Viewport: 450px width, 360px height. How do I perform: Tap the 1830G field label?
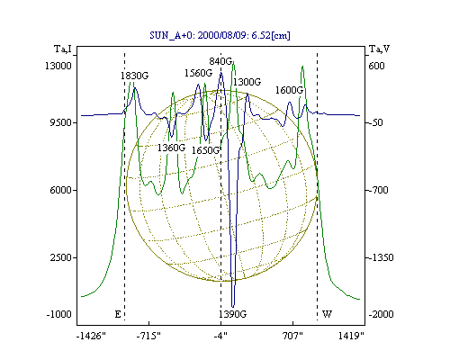tap(134, 76)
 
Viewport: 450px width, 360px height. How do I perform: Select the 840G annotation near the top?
tap(220, 61)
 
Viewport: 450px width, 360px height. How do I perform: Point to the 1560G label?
tap(198, 73)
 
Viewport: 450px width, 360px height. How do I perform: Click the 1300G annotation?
tap(247, 82)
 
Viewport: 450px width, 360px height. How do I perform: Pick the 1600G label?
tap(289, 90)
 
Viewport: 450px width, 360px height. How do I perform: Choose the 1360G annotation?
tap(171, 148)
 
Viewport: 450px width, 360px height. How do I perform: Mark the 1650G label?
tap(205, 150)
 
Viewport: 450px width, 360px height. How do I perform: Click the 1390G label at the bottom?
tap(233, 314)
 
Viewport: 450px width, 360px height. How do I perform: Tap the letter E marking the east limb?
tap(118, 314)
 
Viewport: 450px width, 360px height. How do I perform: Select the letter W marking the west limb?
tap(327, 314)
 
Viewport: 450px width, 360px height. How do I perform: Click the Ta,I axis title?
tap(63, 49)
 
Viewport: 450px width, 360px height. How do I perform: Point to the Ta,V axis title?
tap(379, 49)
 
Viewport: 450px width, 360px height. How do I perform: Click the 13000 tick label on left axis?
tap(58, 66)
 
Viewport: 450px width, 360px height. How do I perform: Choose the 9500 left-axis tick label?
tap(61, 122)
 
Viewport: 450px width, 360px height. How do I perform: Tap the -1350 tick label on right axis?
tap(381, 257)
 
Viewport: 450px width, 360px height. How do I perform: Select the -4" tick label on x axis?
tap(220, 336)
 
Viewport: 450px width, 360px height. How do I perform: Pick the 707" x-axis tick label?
tap(292, 336)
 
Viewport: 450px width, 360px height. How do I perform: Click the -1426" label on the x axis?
tap(91, 336)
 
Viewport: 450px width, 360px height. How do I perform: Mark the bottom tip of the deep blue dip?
tap(233, 307)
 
